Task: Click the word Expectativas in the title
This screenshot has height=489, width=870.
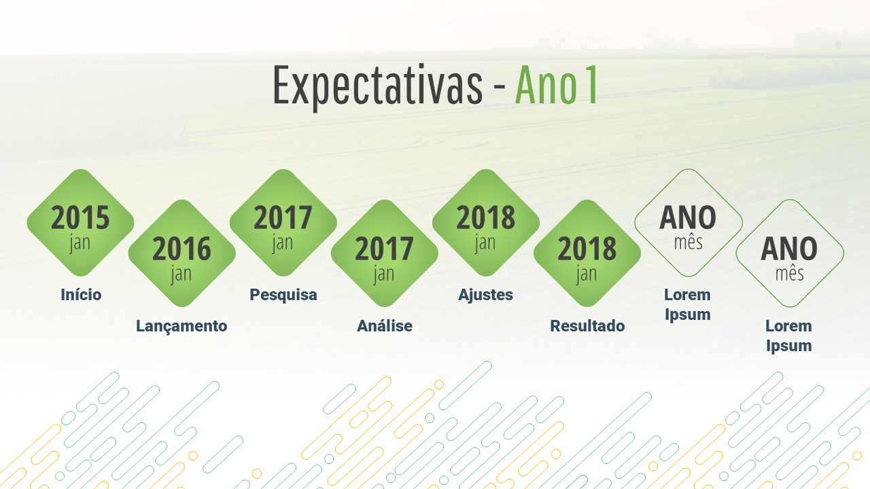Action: (377, 87)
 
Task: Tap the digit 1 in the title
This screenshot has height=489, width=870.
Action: (591, 86)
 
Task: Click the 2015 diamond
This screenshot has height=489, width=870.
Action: (80, 222)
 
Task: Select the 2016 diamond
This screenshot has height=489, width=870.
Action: (181, 253)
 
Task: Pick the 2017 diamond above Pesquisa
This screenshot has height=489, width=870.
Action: (283, 222)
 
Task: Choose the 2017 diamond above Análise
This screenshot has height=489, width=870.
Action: (385, 253)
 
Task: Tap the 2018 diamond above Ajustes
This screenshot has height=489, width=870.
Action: (486, 222)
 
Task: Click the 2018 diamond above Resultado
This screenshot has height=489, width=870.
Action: (587, 253)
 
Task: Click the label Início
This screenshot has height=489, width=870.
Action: (81, 295)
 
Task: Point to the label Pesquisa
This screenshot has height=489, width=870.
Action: (283, 295)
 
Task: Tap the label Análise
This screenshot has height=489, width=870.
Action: (385, 325)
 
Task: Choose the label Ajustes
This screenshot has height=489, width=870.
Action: (485, 295)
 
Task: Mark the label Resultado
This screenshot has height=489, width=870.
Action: (587, 325)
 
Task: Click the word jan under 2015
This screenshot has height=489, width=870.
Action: (80, 243)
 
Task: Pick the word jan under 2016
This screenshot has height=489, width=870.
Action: (181, 274)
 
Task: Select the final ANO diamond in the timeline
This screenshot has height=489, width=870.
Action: (790, 253)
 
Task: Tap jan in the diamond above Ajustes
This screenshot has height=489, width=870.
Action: (485, 243)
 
